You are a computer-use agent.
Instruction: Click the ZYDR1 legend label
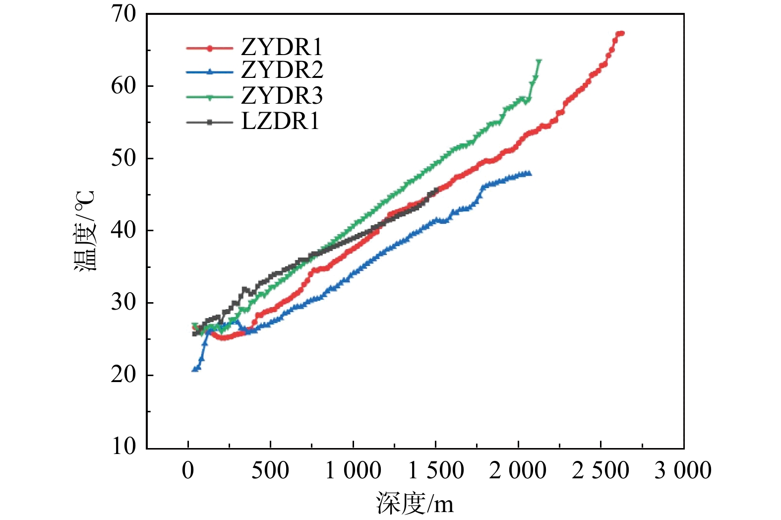282,48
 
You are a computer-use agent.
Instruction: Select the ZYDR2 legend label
282,70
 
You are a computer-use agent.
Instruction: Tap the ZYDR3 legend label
282,96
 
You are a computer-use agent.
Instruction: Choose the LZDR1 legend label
280,121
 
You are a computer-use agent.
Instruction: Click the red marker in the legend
209,48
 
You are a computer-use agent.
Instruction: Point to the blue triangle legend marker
209,71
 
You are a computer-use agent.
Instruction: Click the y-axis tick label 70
123,14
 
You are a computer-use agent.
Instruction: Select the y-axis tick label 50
123,158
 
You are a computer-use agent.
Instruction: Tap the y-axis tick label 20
123,375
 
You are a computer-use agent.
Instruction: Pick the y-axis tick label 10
123,446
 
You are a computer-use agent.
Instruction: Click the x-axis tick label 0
188,470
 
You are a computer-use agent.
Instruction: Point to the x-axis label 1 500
435,470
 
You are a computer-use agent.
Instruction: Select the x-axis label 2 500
600,470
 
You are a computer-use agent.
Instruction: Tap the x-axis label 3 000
683,470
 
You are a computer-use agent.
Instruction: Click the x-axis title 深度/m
415,503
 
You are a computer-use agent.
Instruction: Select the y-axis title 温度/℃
84,231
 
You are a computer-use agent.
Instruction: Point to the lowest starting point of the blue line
194,369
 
